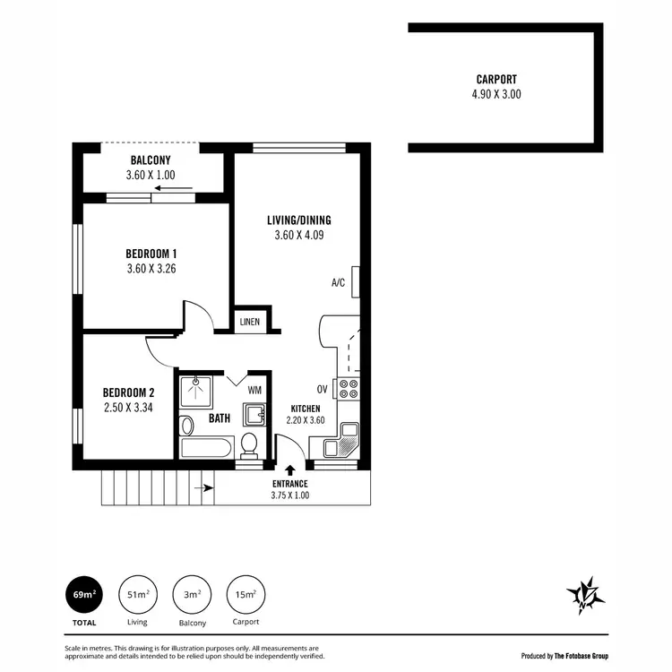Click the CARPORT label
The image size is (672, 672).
tap(497, 79)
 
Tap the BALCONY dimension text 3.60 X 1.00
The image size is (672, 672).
tap(151, 176)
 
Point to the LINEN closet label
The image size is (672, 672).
tap(250, 323)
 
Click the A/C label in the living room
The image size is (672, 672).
tap(338, 283)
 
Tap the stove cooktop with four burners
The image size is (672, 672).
tap(347, 389)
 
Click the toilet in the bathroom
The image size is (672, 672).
tap(250, 444)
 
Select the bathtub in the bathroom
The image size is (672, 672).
tap(206, 446)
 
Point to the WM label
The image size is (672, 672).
tap(254, 390)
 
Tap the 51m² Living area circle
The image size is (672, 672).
tap(137, 593)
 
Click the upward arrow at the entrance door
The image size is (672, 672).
tap(289, 469)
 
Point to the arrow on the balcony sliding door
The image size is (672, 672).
tap(185, 189)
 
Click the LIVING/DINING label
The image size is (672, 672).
tap(298, 220)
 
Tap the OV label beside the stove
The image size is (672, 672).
tap(322, 389)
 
